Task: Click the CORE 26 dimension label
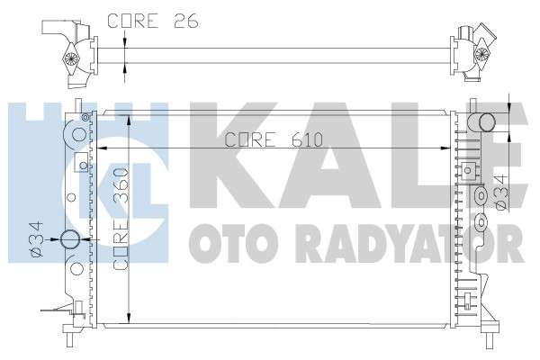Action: (x=153, y=21)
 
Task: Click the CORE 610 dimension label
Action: (x=274, y=139)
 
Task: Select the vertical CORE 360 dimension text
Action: (x=121, y=219)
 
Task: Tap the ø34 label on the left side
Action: (x=37, y=239)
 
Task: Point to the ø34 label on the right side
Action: (x=501, y=192)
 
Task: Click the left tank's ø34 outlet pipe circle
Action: (x=70, y=239)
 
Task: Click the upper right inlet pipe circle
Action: (x=487, y=122)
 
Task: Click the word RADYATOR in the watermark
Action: (x=409, y=243)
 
